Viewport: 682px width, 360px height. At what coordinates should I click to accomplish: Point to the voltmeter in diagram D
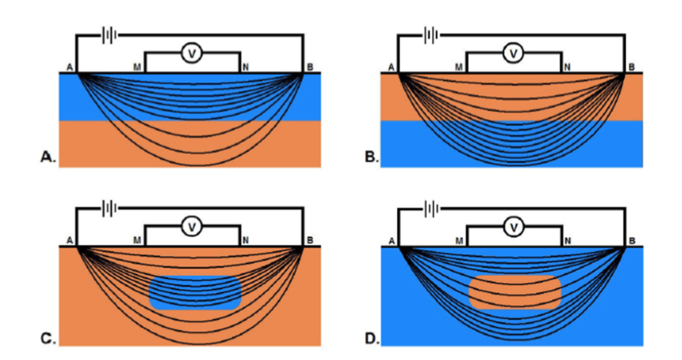(x=513, y=227)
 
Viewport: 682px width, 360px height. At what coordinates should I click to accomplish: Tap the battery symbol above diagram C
(x=109, y=209)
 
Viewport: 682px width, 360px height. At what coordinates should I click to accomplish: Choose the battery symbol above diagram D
(x=430, y=209)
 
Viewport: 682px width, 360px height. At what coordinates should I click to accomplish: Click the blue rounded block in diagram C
(x=195, y=293)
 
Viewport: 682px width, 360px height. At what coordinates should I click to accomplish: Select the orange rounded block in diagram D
(x=515, y=292)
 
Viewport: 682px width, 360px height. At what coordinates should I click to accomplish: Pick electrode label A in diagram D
(x=391, y=241)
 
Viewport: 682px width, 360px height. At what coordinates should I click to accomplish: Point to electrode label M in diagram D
(x=459, y=241)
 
